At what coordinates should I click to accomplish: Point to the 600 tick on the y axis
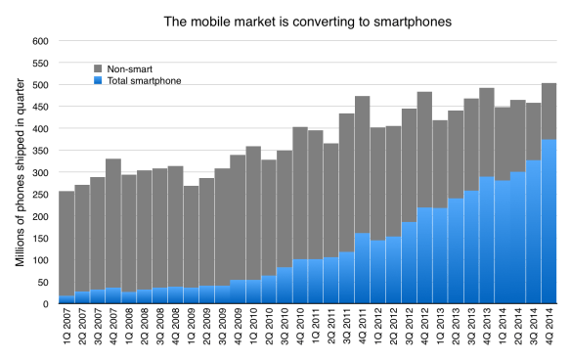pyautogui.click(x=39, y=41)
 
